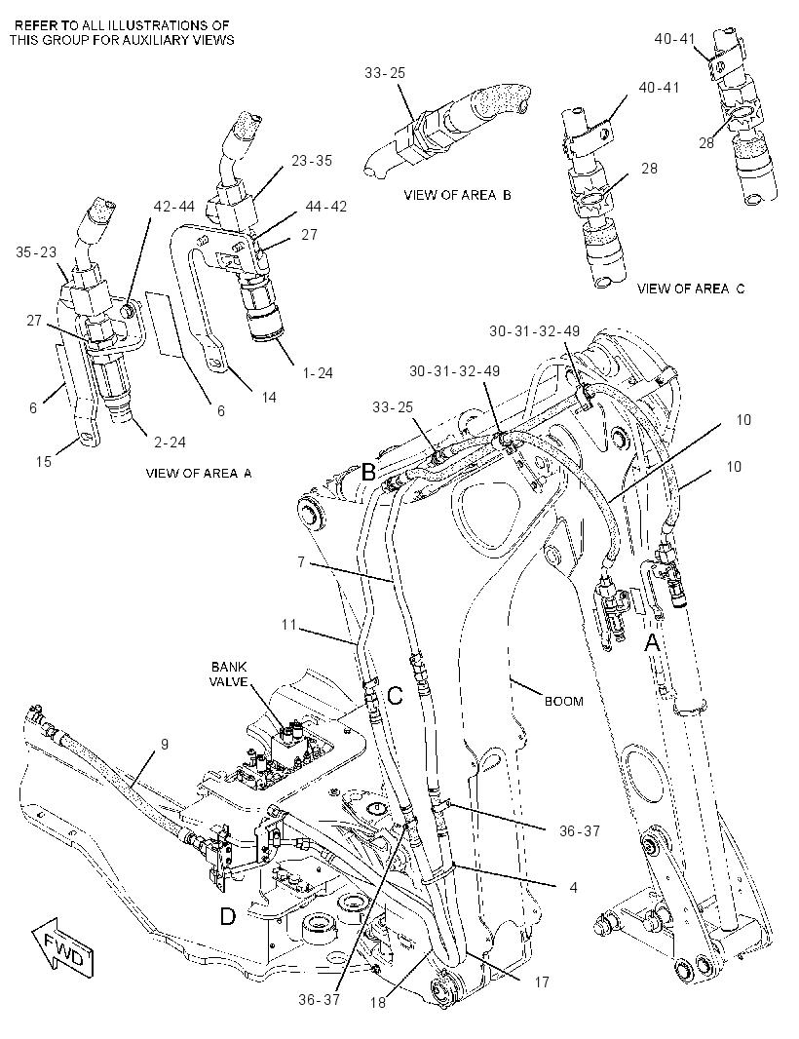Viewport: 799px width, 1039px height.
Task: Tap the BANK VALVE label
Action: [x=229, y=673]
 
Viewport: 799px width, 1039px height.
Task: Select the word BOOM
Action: [x=564, y=701]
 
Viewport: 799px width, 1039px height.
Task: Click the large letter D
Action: [x=227, y=917]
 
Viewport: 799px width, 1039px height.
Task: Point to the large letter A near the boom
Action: [x=653, y=642]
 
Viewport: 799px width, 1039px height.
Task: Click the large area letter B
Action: [x=368, y=473]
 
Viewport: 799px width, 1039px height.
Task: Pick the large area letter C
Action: [x=395, y=696]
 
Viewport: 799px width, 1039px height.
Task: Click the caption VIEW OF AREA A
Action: [x=199, y=473]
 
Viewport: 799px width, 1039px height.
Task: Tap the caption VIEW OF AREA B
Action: [x=457, y=195]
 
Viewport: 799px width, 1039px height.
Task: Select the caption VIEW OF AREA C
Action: [x=690, y=289]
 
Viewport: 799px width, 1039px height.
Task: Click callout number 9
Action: [x=165, y=744]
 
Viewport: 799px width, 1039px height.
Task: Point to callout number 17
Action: [x=542, y=982]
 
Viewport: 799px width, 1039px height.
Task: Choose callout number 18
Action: [x=378, y=1003]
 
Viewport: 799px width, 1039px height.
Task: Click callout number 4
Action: [x=573, y=887]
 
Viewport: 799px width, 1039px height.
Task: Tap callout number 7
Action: [x=301, y=562]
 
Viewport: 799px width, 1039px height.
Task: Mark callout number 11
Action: [x=288, y=624]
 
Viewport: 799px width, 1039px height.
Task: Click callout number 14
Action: [x=269, y=398]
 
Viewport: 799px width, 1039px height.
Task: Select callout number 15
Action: [x=44, y=461]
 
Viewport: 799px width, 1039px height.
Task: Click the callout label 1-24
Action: [x=318, y=373]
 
